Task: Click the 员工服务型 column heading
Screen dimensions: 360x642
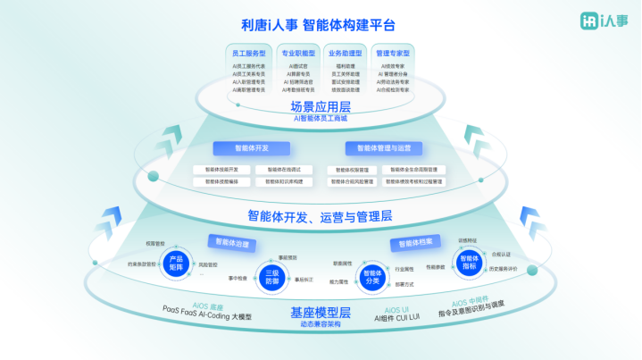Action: pos(248,53)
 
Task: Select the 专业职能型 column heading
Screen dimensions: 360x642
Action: pos(297,53)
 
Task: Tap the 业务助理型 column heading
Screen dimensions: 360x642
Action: pos(344,53)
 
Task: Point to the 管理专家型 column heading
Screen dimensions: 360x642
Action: pos(392,53)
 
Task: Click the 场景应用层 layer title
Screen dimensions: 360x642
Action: pos(321,106)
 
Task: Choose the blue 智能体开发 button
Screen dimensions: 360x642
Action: pos(251,148)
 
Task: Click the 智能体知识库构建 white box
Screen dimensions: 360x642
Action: pos(285,181)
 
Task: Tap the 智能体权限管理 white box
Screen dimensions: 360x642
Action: pos(352,170)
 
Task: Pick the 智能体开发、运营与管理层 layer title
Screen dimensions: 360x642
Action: pos(320,215)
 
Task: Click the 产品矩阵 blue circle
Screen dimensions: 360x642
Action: pos(176,264)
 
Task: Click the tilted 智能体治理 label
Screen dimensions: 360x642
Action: pos(229,243)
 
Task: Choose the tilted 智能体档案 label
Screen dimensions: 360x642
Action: pos(415,243)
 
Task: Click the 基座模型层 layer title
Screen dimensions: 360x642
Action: pos(320,312)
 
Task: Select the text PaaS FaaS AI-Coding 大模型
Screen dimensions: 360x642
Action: pos(207,317)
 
